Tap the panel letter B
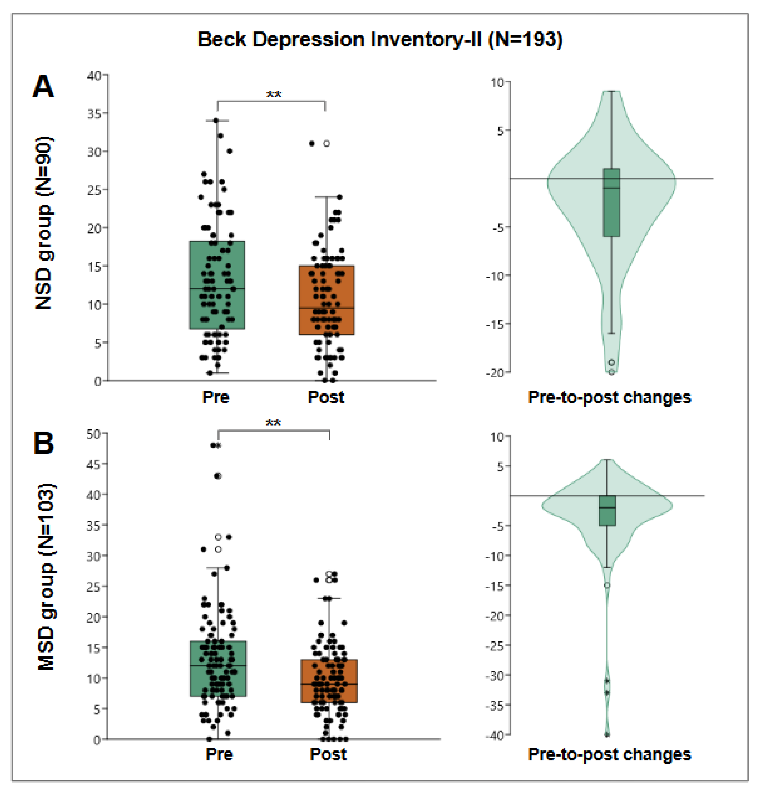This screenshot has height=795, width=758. click(43, 443)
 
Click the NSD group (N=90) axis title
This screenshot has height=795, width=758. click(44, 223)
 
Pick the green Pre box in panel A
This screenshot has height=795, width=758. click(217, 285)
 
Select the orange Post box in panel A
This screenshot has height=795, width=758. click(326, 300)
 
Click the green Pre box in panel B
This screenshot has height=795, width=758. click(218, 668)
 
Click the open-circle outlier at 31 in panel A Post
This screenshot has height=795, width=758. click(326, 143)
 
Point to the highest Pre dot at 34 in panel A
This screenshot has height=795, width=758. click(216, 120)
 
